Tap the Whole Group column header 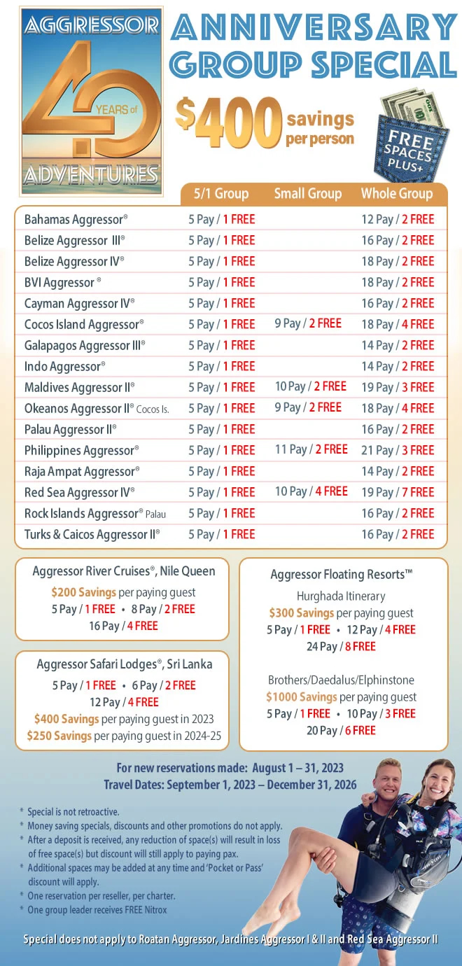tap(397, 194)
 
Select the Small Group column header tap(308, 194)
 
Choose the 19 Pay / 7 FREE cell tap(398, 492)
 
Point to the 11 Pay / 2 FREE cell tap(311, 449)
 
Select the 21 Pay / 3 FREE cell tap(398, 450)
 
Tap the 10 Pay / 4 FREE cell tap(311, 491)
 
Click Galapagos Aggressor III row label tap(85, 345)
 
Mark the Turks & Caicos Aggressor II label tap(92, 534)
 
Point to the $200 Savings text tap(83, 592)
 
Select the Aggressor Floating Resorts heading tap(342, 575)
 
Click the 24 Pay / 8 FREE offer tap(341, 646)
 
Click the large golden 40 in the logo tap(91, 105)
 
